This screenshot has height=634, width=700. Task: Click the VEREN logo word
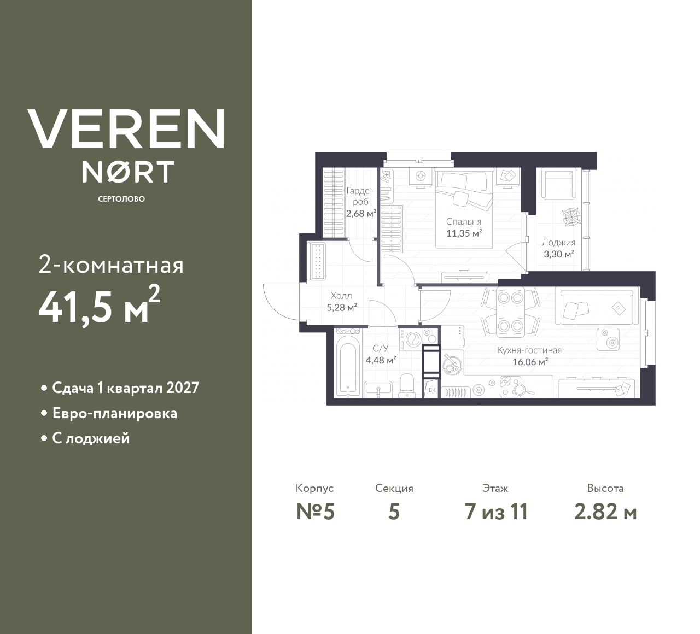126,128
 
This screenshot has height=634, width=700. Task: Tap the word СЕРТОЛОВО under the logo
121,199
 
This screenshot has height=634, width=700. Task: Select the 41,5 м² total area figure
99,307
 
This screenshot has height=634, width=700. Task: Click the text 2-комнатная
111,266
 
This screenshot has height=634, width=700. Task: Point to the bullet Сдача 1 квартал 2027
125,388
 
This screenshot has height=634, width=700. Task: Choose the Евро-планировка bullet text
114,413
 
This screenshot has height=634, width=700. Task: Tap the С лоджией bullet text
91,438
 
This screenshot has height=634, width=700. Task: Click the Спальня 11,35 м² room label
463,227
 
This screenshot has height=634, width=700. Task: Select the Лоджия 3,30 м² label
558,248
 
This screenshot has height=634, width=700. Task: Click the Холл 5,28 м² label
341,301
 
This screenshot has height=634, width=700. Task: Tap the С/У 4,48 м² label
381,354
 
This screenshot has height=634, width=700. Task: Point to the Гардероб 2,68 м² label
360,202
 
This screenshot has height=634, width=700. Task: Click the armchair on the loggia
558,184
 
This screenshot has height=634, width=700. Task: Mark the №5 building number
315,512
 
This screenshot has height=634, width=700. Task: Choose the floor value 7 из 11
496,512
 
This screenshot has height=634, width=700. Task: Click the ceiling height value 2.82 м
605,512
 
